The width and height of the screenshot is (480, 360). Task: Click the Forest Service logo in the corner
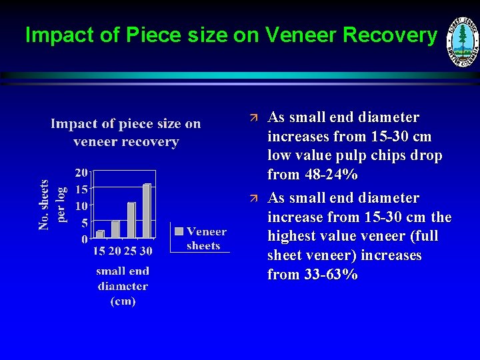[462, 41]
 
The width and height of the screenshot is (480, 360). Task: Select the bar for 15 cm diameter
[101, 234]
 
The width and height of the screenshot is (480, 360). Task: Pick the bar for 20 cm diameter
[116, 229]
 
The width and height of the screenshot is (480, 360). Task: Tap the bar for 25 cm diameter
[131, 220]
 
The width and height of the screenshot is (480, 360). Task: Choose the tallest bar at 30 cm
[147, 211]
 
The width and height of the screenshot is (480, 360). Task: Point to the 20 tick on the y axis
[81, 172]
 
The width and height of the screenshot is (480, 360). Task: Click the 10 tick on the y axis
[81, 205]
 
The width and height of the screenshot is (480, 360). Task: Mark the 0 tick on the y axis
[84, 239]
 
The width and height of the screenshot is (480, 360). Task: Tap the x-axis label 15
[99, 251]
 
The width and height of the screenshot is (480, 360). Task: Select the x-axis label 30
[146, 251]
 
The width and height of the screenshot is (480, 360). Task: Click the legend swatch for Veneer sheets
[179, 231]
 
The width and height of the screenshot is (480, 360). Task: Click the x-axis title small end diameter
[123, 286]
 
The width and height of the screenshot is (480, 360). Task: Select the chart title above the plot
[126, 133]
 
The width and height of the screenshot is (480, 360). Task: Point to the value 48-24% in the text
[312, 175]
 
